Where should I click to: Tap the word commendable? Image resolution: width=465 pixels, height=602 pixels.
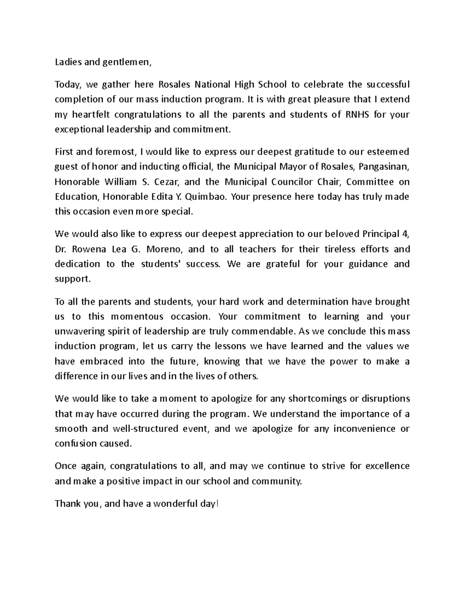pos(263,332)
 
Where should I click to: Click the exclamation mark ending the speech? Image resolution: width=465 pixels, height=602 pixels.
pos(217,504)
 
